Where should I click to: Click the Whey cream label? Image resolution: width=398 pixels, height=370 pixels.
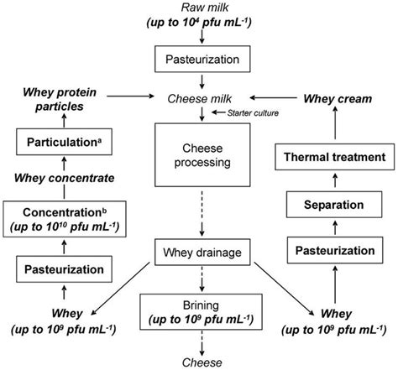point(335,97)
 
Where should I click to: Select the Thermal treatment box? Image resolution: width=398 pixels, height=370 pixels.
point(334,157)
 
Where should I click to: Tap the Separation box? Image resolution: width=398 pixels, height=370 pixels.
point(334,204)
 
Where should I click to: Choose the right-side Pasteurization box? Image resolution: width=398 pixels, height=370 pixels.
point(334,250)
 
